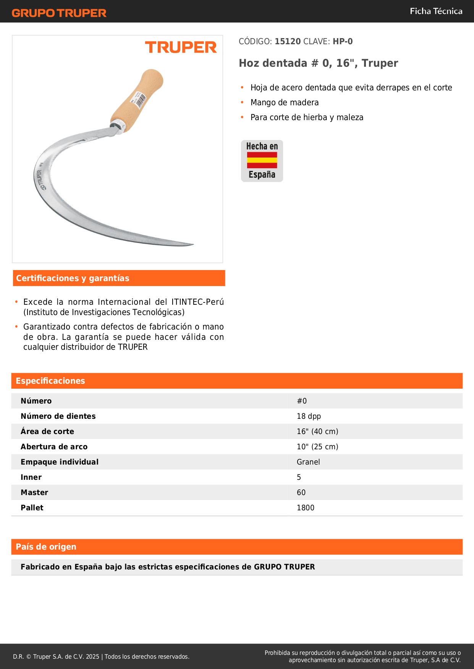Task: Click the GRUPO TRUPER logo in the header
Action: (59, 13)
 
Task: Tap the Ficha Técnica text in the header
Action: (436, 11)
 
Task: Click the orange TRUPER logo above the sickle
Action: (181, 47)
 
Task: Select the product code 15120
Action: (288, 41)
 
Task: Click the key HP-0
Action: (343, 41)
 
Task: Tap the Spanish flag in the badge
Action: (262, 160)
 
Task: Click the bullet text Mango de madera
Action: (285, 103)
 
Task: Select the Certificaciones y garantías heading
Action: (73, 278)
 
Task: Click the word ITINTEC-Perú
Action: (197, 302)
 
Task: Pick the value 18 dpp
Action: (309, 416)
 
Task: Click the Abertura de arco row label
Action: (54, 447)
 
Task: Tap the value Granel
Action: (308, 462)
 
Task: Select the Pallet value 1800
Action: (306, 508)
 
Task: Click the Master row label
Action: (34, 492)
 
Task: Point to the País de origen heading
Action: (46, 547)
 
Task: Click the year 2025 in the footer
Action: (92, 656)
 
